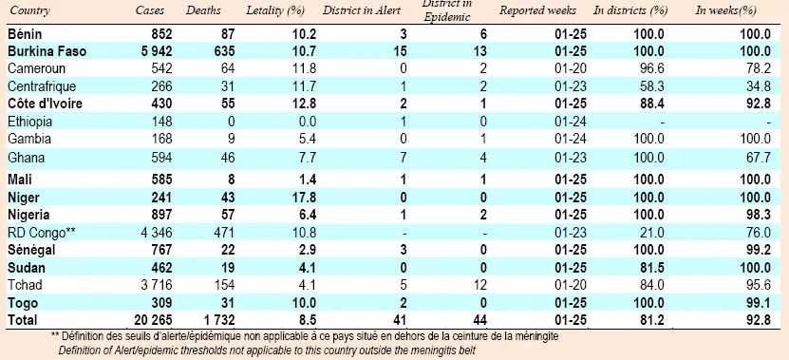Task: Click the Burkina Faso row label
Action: pyautogui.click(x=47, y=51)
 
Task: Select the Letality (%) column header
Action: pyautogui.click(x=275, y=11)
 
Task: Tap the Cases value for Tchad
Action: pyautogui.click(x=154, y=285)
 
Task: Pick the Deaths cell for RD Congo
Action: pyautogui.click(x=224, y=233)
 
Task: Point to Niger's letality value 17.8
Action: pyautogui.click(x=306, y=198)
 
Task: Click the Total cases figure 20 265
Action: pyautogui.click(x=153, y=319)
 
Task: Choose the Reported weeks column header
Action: pyautogui.click(x=537, y=10)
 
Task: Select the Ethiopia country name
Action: pyautogui.click(x=29, y=122)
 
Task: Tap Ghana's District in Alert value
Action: pyautogui.click(x=404, y=158)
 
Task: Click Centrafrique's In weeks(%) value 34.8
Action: pyautogui.click(x=760, y=86)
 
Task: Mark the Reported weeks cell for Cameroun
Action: pyautogui.click(x=572, y=68)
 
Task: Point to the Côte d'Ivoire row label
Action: pyautogui.click(x=46, y=104)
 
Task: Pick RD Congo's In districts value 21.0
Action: pyautogui.click(x=653, y=233)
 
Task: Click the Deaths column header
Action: pyautogui.click(x=203, y=10)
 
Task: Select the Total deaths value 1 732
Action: pyautogui.click(x=217, y=319)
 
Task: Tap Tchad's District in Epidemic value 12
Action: pyautogui.click(x=480, y=285)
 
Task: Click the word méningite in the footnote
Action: pyautogui.click(x=536, y=336)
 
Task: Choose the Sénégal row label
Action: pyautogui.click(x=31, y=250)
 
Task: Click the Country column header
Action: pyautogui.click(x=29, y=11)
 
